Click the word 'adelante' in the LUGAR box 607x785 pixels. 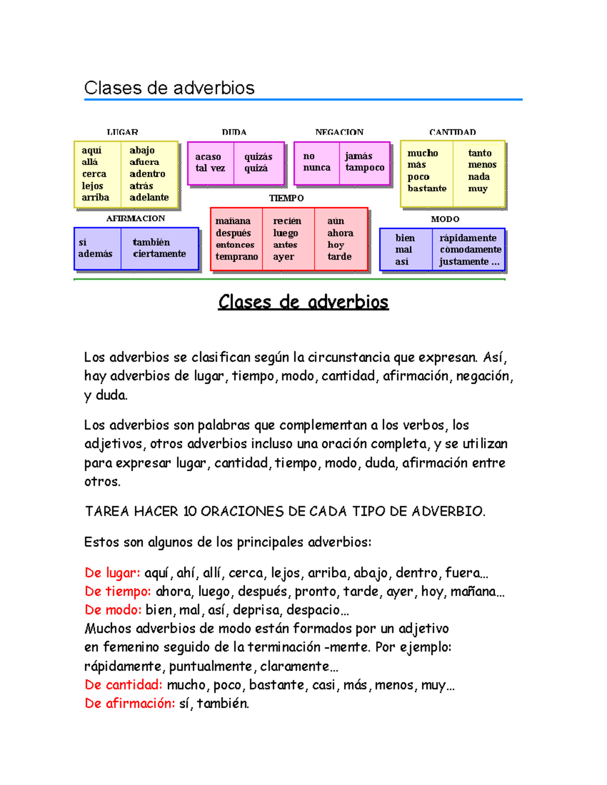click(149, 198)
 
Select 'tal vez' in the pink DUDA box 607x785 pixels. click(210, 168)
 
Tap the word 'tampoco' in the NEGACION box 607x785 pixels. click(365, 168)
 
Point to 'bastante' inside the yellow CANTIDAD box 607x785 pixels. click(427, 189)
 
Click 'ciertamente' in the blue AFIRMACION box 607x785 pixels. click(159, 254)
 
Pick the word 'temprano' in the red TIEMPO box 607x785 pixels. click(237, 257)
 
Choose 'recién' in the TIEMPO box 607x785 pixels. click(287, 221)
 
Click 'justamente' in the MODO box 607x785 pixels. click(464, 262)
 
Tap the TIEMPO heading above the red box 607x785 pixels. click(286, 198)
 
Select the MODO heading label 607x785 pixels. click(445, 219)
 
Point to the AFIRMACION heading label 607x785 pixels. click(136, 218)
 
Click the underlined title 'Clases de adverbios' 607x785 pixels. click(303, 302)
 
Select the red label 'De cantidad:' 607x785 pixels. click(123, 685)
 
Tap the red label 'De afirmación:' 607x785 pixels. click(130, 704)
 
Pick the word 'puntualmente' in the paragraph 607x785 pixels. click(210, 666)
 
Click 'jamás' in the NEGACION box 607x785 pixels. click(359, 156)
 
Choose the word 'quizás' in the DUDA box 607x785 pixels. click(258, 157)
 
